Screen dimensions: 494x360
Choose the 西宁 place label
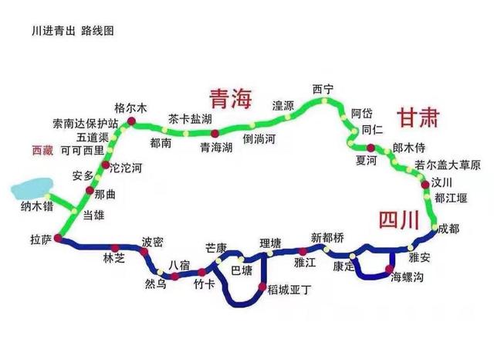click(323, 90)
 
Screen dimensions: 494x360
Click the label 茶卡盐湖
click(190, 119)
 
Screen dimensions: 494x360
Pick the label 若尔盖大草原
click(448, 165)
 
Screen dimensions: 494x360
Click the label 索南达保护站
click(85, 124)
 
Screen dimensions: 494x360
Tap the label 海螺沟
click(407, 277)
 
